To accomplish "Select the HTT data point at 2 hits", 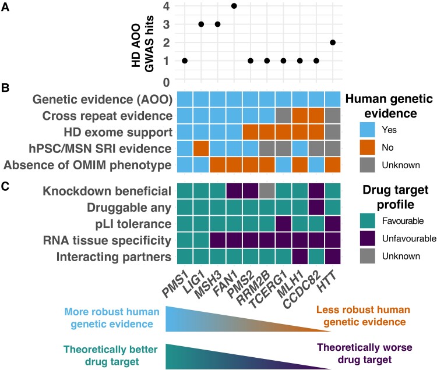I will click(x=333, y=42).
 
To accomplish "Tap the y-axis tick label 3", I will click(x=165, y=24).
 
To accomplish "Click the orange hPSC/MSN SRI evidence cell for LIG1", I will click(x=201, y=148).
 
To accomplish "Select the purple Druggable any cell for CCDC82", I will click(x=316, y=206).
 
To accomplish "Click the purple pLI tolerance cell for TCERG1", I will click(x=284, y=223).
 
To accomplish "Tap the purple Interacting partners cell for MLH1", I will click(x=300, y=255).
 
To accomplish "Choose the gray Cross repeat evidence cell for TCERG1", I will click(x=284, y=115).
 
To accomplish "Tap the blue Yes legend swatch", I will click(x=364, y=132).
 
